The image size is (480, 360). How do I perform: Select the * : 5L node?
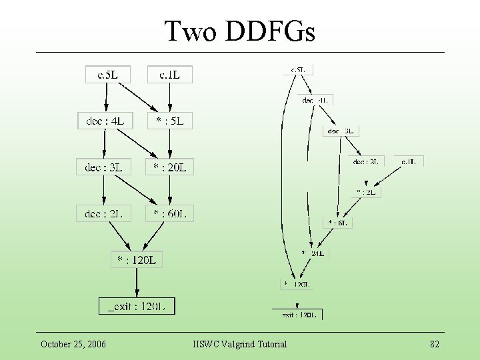click(169, 121)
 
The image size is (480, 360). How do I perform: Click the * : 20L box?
click(169, 167)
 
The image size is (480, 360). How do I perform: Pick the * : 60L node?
click(169, 213)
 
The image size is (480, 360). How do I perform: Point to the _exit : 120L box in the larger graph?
click(137, 306)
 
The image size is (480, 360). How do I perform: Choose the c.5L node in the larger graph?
click(107, 74)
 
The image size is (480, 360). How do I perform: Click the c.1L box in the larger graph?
click(169, 74)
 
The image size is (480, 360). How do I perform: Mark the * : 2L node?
click(368, 192)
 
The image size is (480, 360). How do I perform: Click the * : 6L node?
click(338, 223)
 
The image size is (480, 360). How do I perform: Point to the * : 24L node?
click(313, 253)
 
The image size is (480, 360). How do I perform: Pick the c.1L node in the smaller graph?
click(409, 161)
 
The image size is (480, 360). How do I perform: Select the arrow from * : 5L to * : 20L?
click(169, 144)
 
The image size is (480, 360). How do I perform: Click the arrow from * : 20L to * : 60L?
click(169, 191)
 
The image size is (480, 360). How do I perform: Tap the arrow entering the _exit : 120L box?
click(137, 283)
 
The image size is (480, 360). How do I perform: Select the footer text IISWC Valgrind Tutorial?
click(239, 344)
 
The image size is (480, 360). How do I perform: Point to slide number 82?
click(435, 344)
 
